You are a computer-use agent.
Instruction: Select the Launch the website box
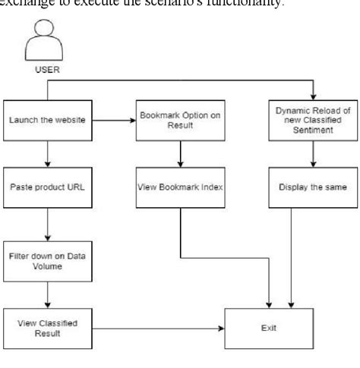[x=47, y=119]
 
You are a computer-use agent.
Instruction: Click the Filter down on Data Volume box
[x=47, y=259]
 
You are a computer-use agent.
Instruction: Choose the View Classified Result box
[x=47, y=328]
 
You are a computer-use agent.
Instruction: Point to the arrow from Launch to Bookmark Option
[x=114, y=119]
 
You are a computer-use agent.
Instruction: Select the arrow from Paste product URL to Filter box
[x=47, y=224]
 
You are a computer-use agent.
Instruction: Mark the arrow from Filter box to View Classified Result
[x=47, y=293]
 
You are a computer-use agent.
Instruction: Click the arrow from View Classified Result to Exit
[x=159, y=328]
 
